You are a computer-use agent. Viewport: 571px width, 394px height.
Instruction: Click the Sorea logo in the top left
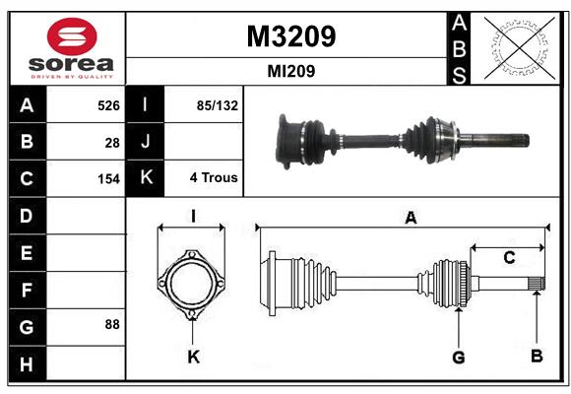[71, 48]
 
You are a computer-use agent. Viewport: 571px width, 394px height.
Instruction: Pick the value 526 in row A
[107, 104]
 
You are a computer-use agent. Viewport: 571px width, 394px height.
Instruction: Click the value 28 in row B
[112, 142]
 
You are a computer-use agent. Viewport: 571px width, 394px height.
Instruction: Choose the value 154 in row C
[107, 179]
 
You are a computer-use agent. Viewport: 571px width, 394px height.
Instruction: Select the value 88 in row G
[112, 323]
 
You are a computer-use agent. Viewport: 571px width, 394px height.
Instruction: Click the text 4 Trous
[214, 178]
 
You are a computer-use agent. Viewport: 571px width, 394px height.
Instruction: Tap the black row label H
[27, 364]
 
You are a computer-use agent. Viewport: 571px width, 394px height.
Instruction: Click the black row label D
[27, 215]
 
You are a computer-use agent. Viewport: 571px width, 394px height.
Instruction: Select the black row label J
[146, 142]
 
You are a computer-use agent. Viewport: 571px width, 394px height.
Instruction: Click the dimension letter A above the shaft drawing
[411, 219]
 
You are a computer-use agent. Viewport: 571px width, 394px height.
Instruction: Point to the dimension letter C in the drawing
[509, 258]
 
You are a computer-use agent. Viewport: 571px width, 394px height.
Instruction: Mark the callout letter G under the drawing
[458, 357]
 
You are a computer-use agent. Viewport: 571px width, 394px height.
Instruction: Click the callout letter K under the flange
[193, 357]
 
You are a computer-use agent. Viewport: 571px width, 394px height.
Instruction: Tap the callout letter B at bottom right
[537, 357]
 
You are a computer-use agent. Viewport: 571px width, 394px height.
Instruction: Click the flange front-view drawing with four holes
[193, 286]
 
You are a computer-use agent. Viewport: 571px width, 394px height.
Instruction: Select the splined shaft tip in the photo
[507, 139]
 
